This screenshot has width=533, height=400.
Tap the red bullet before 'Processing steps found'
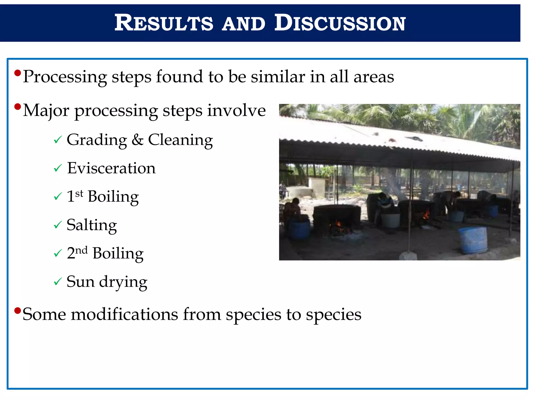tap(17, 73)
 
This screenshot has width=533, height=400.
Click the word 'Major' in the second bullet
tap(46, 111)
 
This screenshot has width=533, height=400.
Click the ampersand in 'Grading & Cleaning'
tap(137, 140)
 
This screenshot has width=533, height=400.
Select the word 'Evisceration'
tap(111, 168)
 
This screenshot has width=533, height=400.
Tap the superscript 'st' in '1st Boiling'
tap(79, 193)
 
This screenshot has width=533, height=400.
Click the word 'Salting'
tap(92, 225)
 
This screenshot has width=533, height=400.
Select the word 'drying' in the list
tap(123, 282)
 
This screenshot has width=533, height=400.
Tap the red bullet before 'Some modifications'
tap(17, 310)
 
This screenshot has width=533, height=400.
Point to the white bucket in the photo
tap(390, 220)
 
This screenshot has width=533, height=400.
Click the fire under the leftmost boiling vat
tap(338, 227)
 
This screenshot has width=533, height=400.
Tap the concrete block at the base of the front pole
tap(408, 256)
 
